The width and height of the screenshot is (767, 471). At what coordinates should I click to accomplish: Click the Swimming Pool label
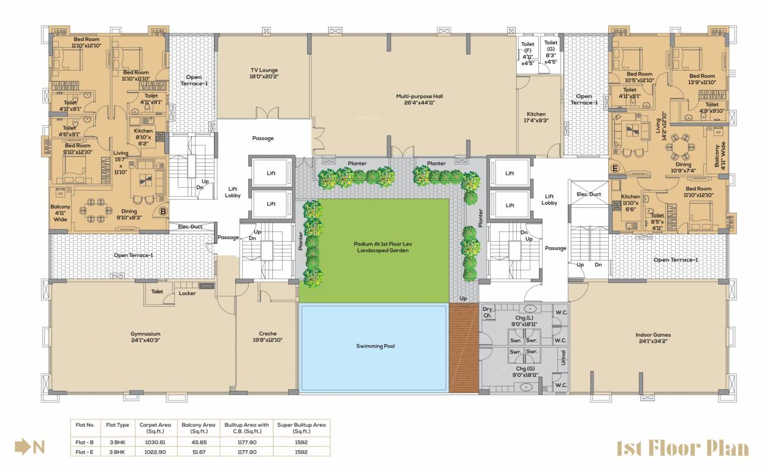(x=375, y=346)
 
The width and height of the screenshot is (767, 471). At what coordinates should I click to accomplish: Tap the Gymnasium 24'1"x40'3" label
(x=145, y=337)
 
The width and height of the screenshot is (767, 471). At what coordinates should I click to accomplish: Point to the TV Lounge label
(x=264, y=73)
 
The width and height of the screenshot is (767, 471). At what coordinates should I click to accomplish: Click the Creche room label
(x=267, y=337)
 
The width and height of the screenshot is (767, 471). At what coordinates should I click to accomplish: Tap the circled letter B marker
(x=163, y=212)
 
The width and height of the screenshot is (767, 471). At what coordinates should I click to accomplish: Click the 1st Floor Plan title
(x=682, y=448)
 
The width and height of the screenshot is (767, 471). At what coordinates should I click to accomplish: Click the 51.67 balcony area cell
(x=198, y=451)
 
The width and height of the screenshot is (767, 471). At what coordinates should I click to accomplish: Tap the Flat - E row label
(x=85, y=451)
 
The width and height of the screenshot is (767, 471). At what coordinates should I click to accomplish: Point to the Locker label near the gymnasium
(x=187, y=293)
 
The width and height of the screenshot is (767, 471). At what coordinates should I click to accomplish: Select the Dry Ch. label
(x=488, y=312)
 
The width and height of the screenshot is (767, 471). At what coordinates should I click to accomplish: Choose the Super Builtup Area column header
(x=300, y=427)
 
